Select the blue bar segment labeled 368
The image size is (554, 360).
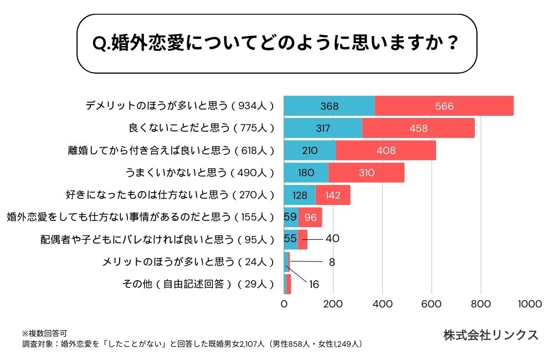pyautogui.click(x=329, y=106)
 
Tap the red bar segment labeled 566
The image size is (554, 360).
pyautogui.click(x=444, y=106)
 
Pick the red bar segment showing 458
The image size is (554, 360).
pyautogui.click(x=418, y=128)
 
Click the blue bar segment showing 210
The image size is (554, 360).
pyautogui.click(x=310, y=150)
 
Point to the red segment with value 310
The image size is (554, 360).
pyautogui.click(x=366, y=172)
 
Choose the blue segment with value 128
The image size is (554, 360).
pyautogui.click(x=300, y=195)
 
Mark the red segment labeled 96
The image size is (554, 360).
pyautogui.click(x=310, y=217)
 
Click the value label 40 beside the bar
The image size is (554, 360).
pyautogui.click(x=332, y=239)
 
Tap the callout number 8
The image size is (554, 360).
pyautogui.click(x=331, y=262)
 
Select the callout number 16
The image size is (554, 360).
pyautogui.click(x=314, y=284)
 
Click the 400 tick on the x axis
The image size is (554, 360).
pyautogui.click(x=382, y=304)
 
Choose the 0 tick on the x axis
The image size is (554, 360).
pyautogui.click(x=284, y=304)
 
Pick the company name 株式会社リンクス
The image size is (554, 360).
pyautogui.click(x=490, y=335)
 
